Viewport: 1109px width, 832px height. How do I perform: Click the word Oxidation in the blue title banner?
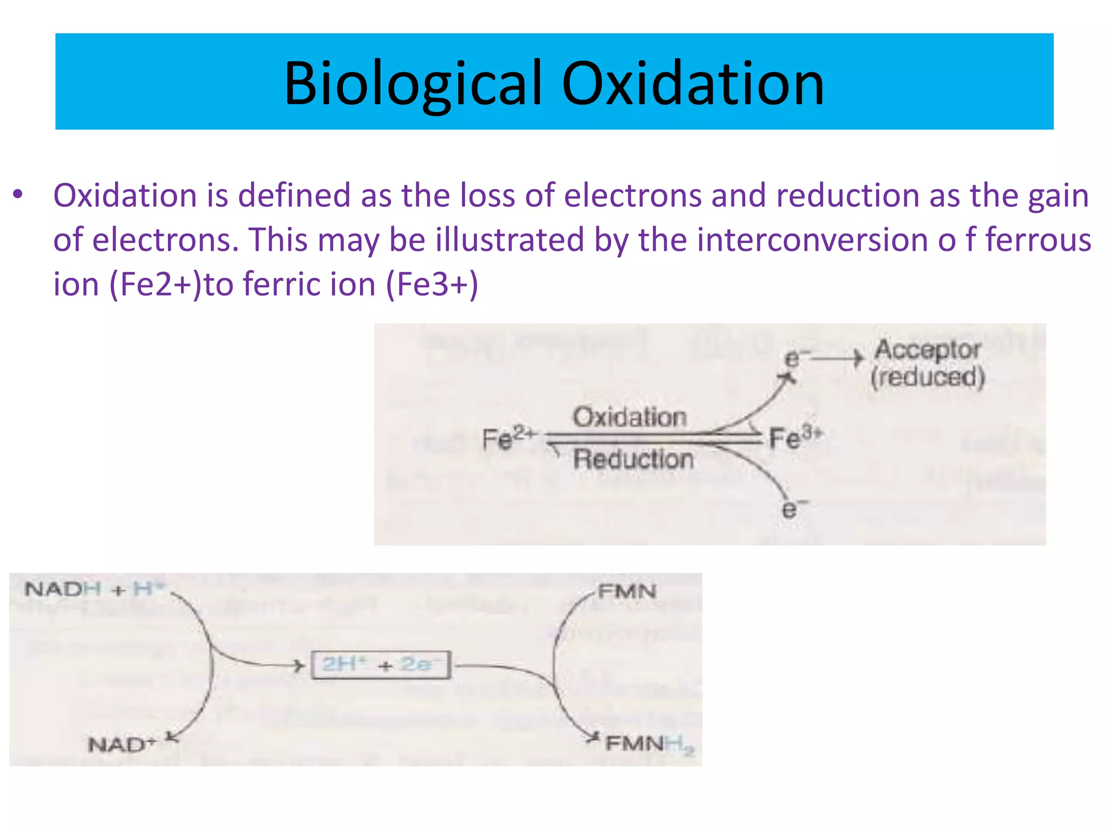click(693, 84)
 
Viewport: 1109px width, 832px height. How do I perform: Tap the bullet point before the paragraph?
click(18, 194)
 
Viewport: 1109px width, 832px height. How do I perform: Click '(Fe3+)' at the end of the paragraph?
click(432, 284)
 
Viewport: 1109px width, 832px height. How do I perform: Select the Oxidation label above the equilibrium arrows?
click(629, 417)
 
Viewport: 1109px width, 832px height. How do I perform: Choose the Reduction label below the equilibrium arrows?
click(633, 459)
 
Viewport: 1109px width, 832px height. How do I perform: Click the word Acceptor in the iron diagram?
click(928, 350)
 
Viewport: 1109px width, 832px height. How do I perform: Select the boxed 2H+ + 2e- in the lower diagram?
click(381, 665)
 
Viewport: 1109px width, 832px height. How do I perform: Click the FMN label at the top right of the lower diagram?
click(627, 591)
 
